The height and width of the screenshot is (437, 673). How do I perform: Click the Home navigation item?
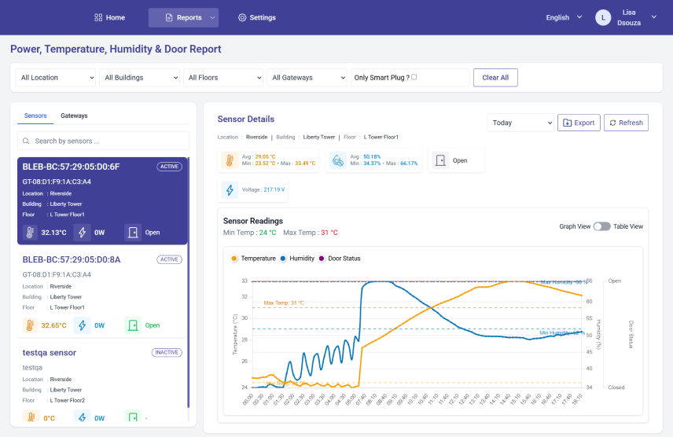(x=109, y=17)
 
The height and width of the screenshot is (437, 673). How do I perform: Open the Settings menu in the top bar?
(x=257, y=17)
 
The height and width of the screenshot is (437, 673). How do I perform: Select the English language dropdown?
(x=564, y=17)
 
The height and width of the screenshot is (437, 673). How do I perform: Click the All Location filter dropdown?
(x=57, y=78)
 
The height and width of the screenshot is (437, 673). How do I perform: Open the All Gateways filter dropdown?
(x=307, y=78)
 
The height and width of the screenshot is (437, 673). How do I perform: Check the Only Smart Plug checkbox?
(x=414, y=77)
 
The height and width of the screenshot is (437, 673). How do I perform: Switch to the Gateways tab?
(x=74, y=116)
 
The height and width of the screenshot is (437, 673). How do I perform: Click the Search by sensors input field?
(x=104, y=141)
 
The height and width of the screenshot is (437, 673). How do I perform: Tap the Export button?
(x=579, y=123)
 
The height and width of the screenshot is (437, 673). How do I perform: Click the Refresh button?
(x=626, y=123)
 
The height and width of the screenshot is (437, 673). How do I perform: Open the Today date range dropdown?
(x=521, y=123)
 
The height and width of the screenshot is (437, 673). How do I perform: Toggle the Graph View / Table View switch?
(x=601, y=226)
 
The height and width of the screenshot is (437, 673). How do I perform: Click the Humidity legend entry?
(x=298, y=258)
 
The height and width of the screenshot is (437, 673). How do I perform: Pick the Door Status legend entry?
(x=340, y=258)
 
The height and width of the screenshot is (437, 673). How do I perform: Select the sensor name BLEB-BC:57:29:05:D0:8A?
(x=72, y=259)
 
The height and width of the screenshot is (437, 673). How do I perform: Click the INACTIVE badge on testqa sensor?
(x=167, y=352)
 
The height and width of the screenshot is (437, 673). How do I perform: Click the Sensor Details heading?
(x=246, y=119)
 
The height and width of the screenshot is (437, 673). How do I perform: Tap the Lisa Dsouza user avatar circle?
(x=603, y=17)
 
